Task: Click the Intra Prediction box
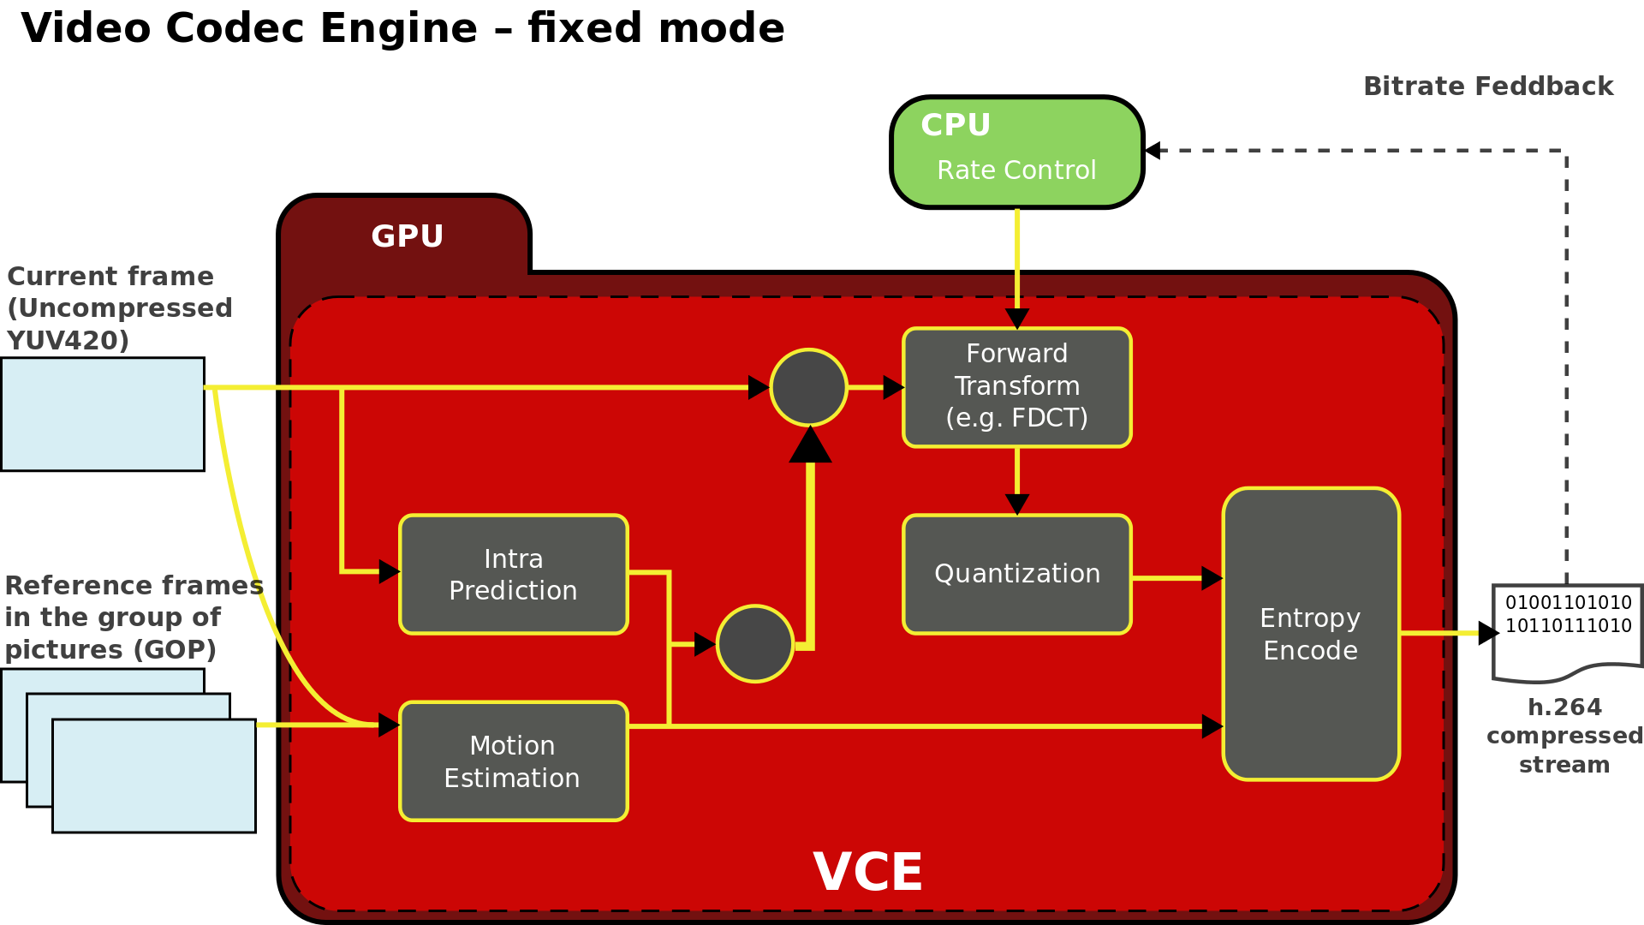(514, 574)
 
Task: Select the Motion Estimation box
(514, 761)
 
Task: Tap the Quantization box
(1017, 574)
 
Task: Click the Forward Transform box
(1017, 387)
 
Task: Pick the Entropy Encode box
(1311, 634)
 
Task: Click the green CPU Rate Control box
(1017, 152)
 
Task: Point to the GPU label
(407, 236)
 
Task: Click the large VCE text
(867, 873)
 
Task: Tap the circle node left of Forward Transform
(808, 387)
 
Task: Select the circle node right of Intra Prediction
(755, 643)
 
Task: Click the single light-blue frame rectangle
(103, 414)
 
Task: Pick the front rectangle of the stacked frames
(154, 775)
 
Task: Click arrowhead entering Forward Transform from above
(1017, 319)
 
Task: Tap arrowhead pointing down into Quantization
(1017, 504)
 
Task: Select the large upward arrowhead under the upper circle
(810, 445)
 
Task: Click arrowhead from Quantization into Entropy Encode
(1211, 578)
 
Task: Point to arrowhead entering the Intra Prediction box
(389, 571)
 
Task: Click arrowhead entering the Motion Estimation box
(389, 725)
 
